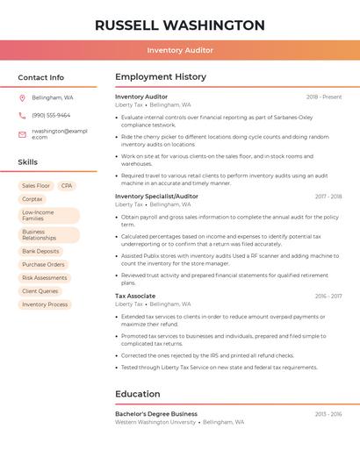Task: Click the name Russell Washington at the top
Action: click(179, 25)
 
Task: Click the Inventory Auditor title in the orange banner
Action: click(179, 50)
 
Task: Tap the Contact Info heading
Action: click(40, 77)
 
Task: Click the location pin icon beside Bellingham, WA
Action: click(22, 98)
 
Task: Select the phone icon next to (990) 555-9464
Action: click(22, 115)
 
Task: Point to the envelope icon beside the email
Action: click(22, 132)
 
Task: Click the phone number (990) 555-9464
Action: click(51, 115)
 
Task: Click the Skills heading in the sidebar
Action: click(28, 162)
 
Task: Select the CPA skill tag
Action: click(67, 186)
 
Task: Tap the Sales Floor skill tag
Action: click(36, 186)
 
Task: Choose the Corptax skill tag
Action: click(32, 199)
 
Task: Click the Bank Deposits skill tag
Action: click(40, 251)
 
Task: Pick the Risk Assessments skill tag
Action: click(45, 277)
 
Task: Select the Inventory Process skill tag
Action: click(45, 304)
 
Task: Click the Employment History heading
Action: click(160, 77)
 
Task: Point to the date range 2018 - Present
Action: click(323, 97)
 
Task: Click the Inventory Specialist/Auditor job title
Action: click(156, 197)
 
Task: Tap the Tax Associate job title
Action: click(135, 296)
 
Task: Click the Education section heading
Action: click(137, 394)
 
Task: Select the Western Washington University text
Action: click(155, 422)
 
